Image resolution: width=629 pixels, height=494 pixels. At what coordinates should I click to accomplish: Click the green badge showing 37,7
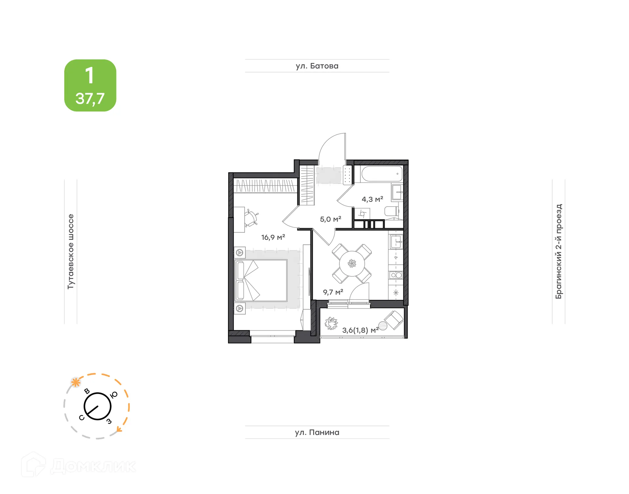[90, 86]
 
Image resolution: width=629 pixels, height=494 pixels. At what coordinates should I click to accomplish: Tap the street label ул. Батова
[317, 66]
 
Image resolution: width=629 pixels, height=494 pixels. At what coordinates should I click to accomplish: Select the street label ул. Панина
[317, 432]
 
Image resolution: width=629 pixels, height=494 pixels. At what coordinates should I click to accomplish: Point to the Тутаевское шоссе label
[71, 251]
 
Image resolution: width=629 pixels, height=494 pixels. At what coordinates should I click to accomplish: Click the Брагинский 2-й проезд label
[558, 251]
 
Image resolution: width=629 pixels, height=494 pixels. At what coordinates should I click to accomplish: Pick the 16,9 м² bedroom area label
[273, 237]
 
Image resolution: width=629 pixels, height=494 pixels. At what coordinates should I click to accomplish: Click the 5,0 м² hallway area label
[330, 219]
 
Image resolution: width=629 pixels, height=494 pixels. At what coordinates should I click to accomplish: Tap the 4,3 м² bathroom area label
[372, 199]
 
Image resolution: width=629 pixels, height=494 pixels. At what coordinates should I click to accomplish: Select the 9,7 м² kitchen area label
[333, 292]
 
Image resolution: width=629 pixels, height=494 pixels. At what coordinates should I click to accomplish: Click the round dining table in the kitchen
[352, 264]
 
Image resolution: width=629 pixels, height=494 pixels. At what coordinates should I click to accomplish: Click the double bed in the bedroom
[261, 280]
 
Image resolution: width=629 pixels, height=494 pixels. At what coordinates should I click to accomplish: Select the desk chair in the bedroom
[251, 218]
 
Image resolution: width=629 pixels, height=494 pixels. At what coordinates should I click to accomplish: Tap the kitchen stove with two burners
[396, 275]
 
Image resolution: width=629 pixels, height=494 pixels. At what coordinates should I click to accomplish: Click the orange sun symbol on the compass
[76, 382]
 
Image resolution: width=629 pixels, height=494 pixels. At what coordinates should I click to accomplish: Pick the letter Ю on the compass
[114, 395]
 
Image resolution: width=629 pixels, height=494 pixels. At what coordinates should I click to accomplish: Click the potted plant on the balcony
[331, 323]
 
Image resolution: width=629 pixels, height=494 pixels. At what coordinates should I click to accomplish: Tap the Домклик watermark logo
[79, 466]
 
